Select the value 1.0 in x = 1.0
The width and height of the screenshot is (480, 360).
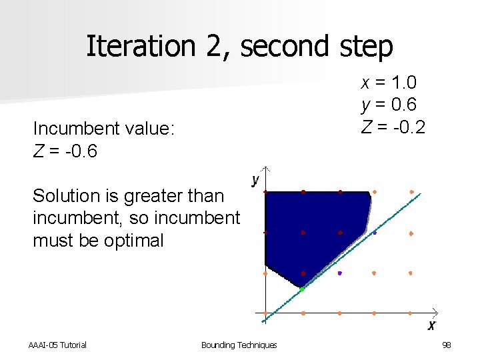tap(403, 83)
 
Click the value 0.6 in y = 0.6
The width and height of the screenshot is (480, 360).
tap(403, 105)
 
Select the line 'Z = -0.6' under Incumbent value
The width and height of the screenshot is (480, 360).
tap(65, 151)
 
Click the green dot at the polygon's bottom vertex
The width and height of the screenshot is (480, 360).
tap(302, 289)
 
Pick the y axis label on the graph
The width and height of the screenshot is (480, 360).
tap(255, 180)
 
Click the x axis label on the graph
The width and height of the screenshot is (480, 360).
tap(431, 325)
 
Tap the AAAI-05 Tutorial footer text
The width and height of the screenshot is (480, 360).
tap(57, 345)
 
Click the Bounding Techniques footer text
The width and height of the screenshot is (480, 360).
tap(239, 345)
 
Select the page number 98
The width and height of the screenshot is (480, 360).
tap(446, 345)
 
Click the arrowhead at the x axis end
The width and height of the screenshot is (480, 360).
tap(435, 311)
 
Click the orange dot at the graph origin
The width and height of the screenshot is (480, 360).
tap(265, 313)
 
